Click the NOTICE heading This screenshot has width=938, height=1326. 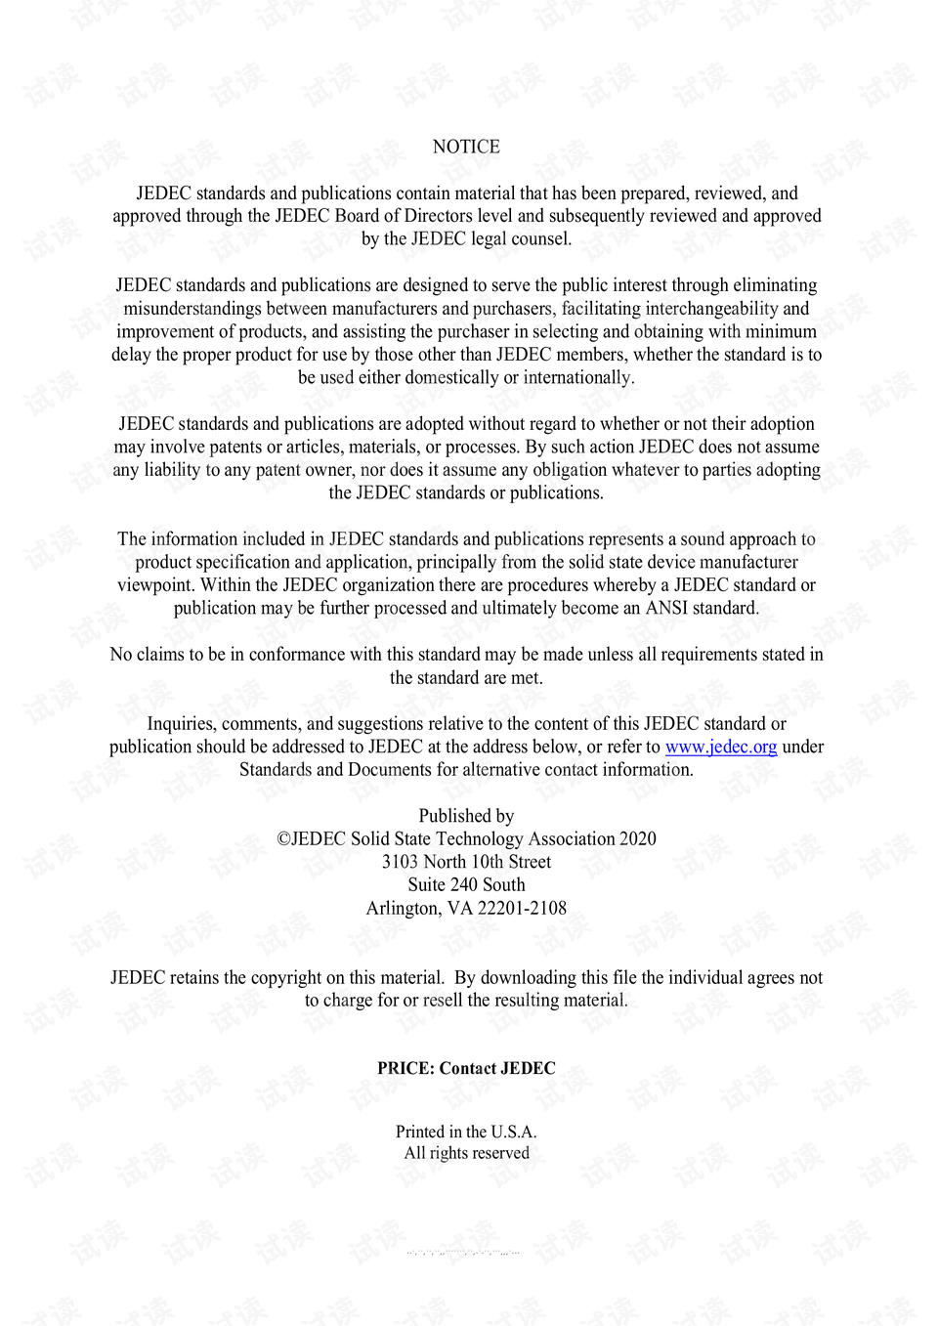click(466, 147)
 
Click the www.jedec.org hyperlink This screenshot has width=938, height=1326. click(721, 747)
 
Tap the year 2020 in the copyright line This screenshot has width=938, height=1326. click(638, 838)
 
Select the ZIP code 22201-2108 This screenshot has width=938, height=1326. click(522, 908)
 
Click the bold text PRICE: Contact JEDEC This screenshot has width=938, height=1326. click(466, 1068)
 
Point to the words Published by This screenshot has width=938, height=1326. click(466, 816)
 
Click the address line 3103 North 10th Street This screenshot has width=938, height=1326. click(466, 862)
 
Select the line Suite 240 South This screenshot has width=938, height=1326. click(466, 884)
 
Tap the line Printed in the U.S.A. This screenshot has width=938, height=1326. click(466, 1132)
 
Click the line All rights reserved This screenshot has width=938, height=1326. click(466, 1153)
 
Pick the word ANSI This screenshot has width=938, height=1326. click(666, 608)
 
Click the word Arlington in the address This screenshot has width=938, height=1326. click(404, 908)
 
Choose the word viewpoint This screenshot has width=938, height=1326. click(156, 585)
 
